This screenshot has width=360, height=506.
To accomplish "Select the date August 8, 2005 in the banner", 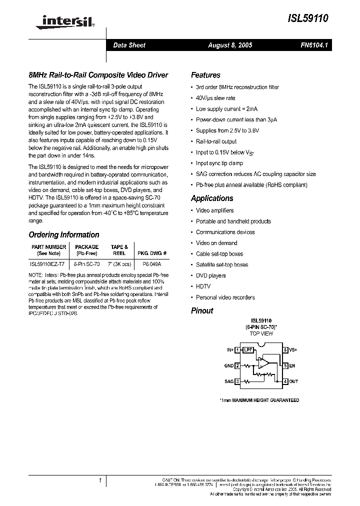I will tap(229, 45).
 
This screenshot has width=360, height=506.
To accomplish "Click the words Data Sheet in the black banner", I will tap(129, 45).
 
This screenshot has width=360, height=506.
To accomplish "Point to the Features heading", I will tap(205, 75).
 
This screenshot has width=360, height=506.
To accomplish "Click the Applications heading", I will tap(212, 198).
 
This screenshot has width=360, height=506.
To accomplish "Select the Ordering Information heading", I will tap(63, 234).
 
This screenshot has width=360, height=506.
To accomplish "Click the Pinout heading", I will tap(202, 310).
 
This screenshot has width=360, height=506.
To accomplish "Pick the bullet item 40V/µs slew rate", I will tap(215, 98).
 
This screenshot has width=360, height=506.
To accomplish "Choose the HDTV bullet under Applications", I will tap(203, 286).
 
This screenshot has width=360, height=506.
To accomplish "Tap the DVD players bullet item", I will tap(210, 275).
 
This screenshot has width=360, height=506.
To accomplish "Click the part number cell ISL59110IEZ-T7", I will tap(47, 263).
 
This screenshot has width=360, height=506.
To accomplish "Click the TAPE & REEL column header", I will tap(119, 250).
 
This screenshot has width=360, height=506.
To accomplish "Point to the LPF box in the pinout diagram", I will tap(247, 350).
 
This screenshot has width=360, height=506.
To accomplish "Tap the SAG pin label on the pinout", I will tap(229, 381).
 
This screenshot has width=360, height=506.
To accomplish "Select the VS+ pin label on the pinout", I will tap(293, 350).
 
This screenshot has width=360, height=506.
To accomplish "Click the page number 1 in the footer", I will tap(100, 480).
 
